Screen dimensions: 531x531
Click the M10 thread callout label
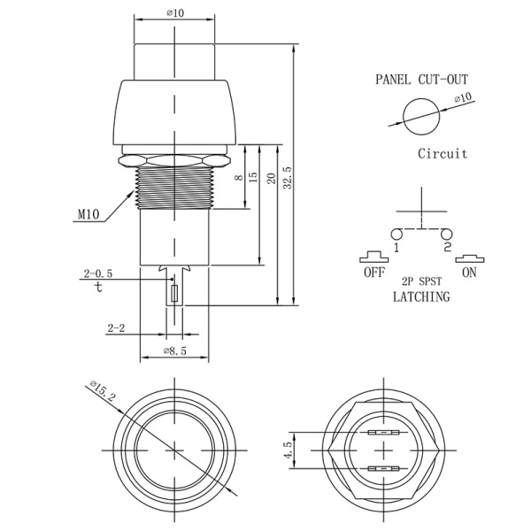89,214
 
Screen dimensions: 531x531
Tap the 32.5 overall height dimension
286,177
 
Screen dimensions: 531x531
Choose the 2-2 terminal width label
116,328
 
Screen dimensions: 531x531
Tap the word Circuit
442,153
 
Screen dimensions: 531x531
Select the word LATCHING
420,297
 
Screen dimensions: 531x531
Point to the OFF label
373,273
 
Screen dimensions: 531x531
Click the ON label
469,273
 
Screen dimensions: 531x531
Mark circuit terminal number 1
396,249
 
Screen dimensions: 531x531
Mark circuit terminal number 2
447,248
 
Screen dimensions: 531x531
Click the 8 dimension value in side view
238,178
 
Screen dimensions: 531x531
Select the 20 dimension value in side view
270,178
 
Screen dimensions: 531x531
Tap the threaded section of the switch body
173,187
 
